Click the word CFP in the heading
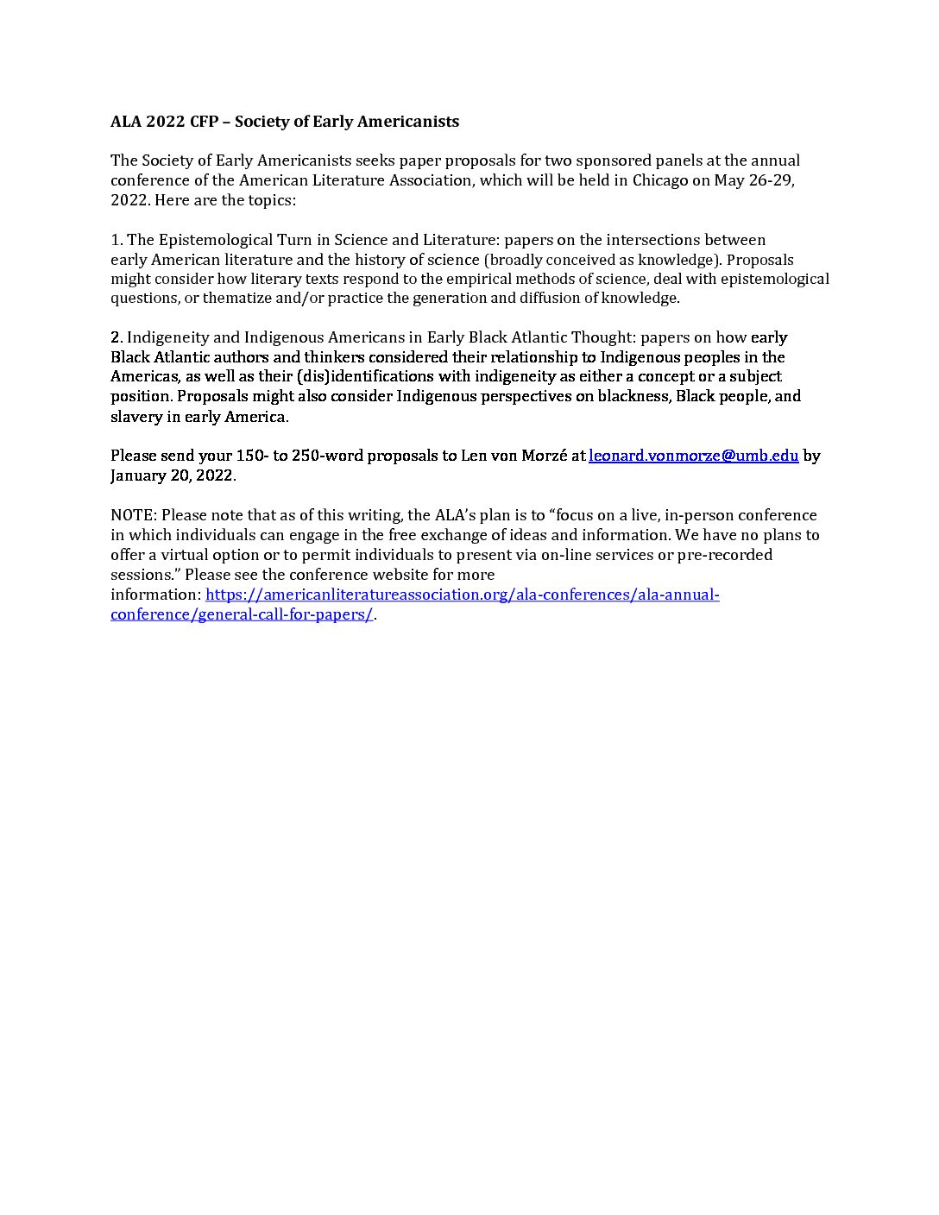coord(204,122)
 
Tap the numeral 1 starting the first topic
coord(115,240)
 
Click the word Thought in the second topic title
coord(601,337)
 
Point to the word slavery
coord(136,417)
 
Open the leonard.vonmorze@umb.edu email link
coord(693,456)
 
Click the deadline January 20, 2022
coord(172,475)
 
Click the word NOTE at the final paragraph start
coord(133,515)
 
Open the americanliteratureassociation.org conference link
coord(462,595)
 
